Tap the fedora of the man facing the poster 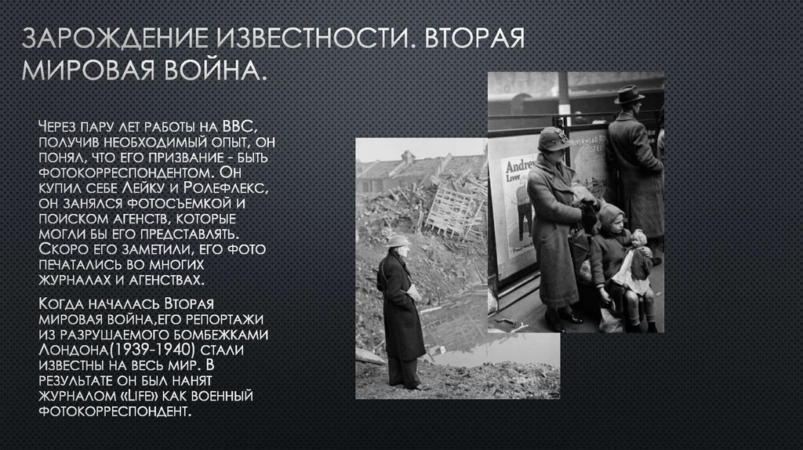click(628, 94)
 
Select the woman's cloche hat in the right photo click(554, 138)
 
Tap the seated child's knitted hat click(612, 214)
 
